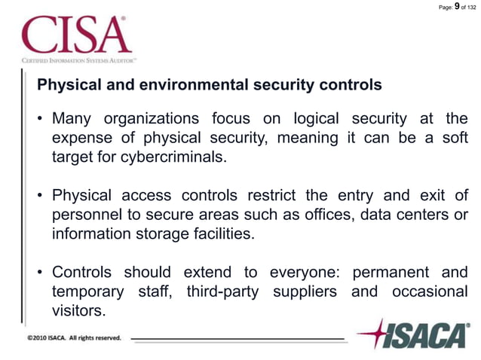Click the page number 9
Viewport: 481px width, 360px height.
458,7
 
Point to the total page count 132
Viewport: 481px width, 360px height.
470,8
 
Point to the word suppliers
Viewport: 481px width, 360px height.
305,291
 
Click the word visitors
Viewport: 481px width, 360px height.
78,310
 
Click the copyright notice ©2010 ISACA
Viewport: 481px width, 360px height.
74,338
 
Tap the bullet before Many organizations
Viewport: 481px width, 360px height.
41,120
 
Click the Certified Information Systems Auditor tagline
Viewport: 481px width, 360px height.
78,59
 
